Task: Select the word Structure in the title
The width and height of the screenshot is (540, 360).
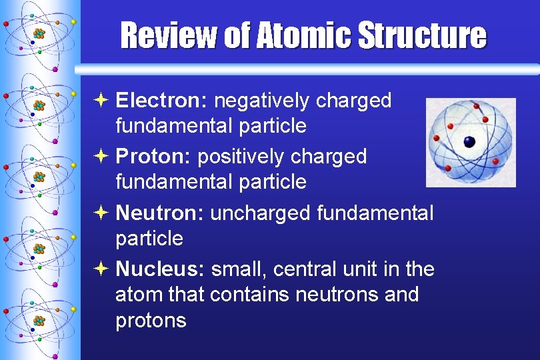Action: [x=422, y=35]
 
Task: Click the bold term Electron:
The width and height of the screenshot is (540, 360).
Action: [x=162, y=101]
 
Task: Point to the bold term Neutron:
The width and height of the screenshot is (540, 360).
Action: [x=161, y=213]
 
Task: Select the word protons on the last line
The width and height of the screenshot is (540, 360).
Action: [x=151, y=321]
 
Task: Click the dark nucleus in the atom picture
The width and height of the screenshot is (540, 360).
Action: [x=469, y=141]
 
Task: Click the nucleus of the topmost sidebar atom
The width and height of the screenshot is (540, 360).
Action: [x=39, y=33]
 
